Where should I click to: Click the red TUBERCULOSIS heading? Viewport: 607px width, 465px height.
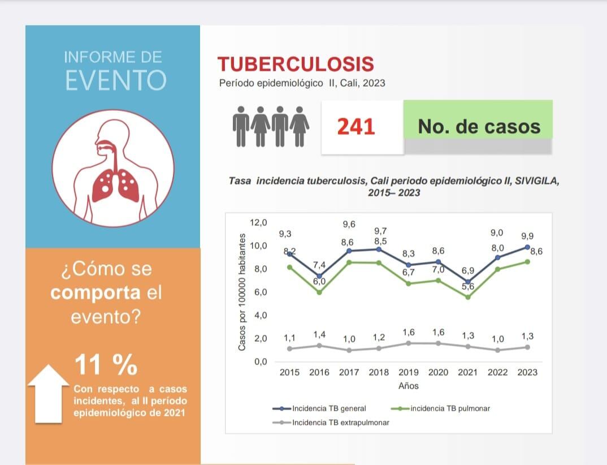tap(296, 64)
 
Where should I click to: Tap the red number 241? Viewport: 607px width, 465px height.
tap(356, 127)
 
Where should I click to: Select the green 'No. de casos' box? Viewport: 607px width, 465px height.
tap(478, 126)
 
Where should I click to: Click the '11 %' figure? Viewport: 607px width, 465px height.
tap(106, 365)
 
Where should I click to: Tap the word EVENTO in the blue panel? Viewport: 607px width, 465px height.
tap(115, 80)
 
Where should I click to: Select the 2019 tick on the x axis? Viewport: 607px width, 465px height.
tap(408, 372)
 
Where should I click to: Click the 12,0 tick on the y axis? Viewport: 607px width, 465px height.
tap(258, 222)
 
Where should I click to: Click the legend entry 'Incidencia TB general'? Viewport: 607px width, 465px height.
tap(329, 408)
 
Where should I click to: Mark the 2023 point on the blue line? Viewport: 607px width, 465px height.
tap(527, 247)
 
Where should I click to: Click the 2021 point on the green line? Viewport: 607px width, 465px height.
tap(467, 297)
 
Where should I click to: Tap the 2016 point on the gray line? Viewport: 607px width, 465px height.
tap(319, 346)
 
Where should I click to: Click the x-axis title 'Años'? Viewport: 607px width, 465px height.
tap(408, 386)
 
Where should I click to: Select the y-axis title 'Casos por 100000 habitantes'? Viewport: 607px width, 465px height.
tap(242, 291)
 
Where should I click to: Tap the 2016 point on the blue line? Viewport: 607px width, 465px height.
tap(319, 276)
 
